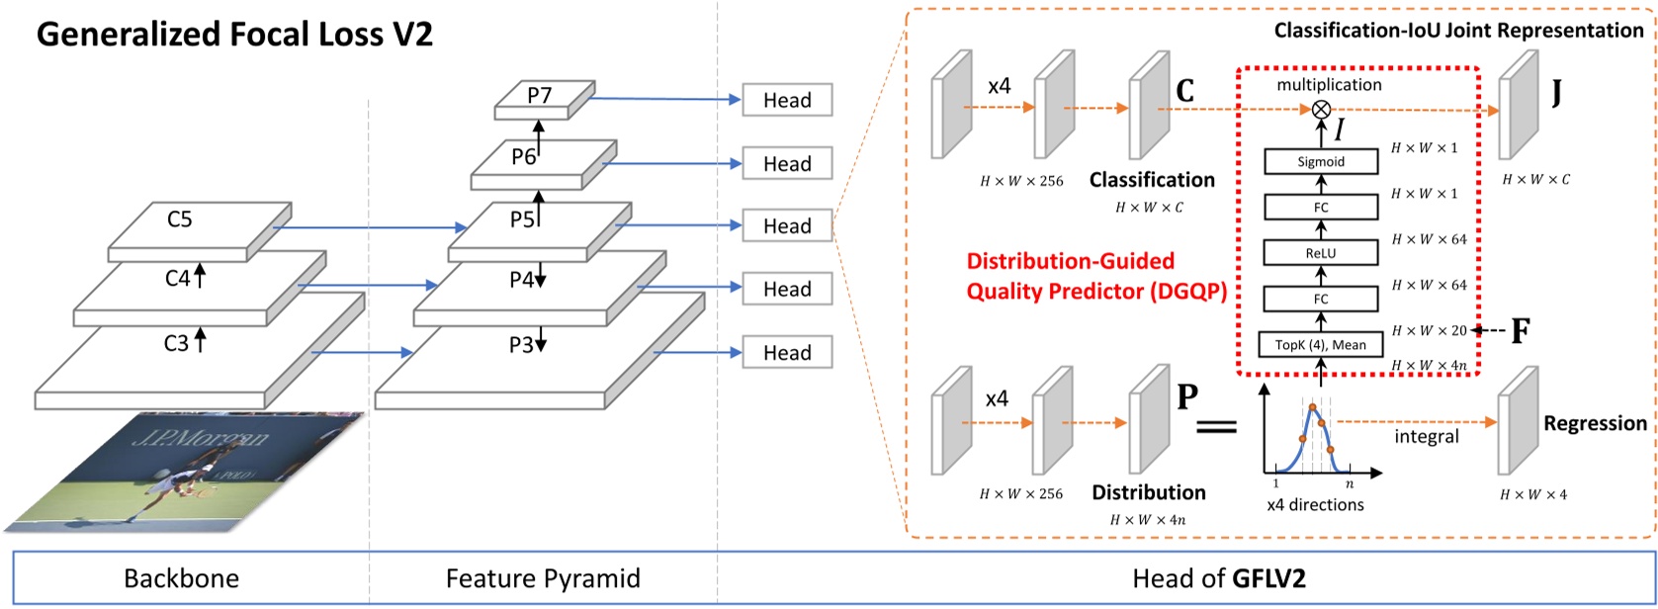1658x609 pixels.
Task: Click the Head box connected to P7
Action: [787, 100]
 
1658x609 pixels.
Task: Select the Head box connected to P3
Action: [787, 353]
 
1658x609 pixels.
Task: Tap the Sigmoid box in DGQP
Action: [1321, 161]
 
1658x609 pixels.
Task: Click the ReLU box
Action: [1321, 253]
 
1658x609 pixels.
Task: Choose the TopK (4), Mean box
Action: [1321, 344]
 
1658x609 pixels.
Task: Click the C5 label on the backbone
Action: [179, 219]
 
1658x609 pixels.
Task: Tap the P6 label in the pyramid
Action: [524, 156]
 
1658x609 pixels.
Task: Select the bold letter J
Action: [1557, 95]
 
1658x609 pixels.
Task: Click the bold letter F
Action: [1521, 331]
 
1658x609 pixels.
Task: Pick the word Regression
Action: [1595, 423]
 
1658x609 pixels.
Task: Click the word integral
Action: [1427, 436]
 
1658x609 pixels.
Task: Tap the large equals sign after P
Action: [1217, 427]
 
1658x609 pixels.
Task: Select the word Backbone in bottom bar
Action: [181, 578]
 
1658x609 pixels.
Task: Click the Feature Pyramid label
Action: [543, 578]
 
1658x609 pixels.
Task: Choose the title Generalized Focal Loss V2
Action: [235, 35]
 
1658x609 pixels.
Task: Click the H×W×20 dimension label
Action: [1429, 331]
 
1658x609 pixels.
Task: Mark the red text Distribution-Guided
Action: [1070, 262]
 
